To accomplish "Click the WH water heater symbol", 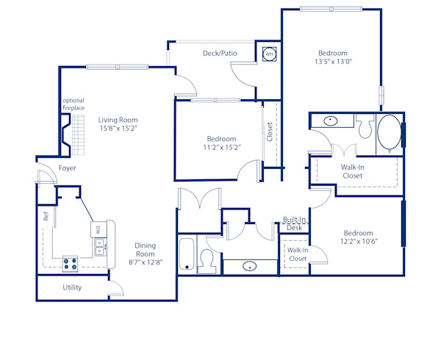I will point(269,54).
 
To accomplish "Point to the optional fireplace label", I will point(73,104).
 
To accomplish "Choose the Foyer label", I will point(68,168).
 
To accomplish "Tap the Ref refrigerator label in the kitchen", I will point(46,217).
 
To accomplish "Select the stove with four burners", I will point(71,261).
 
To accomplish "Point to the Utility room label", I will point(72,287).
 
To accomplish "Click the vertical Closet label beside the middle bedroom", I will point(270,132).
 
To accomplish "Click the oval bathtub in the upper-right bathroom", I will point(389,133).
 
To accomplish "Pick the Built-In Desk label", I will point(294,224).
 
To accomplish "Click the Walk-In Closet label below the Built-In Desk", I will point(297,255).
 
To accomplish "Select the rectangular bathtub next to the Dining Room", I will point(187,255).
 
